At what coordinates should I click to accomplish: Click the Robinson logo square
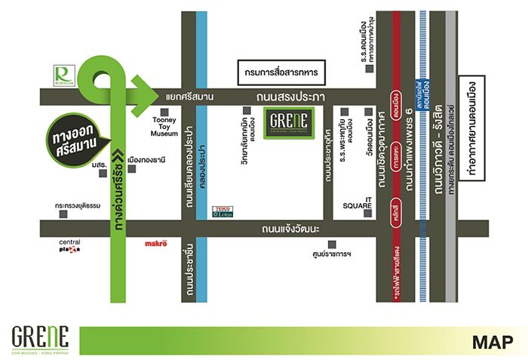[x=63, y=75]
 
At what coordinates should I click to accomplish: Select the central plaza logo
[x=69, y=246]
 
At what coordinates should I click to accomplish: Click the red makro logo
[x=155, y=245]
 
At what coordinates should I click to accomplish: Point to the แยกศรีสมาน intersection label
[x=189, y=97]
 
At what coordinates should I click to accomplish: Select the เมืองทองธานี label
[x=146, y=160]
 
